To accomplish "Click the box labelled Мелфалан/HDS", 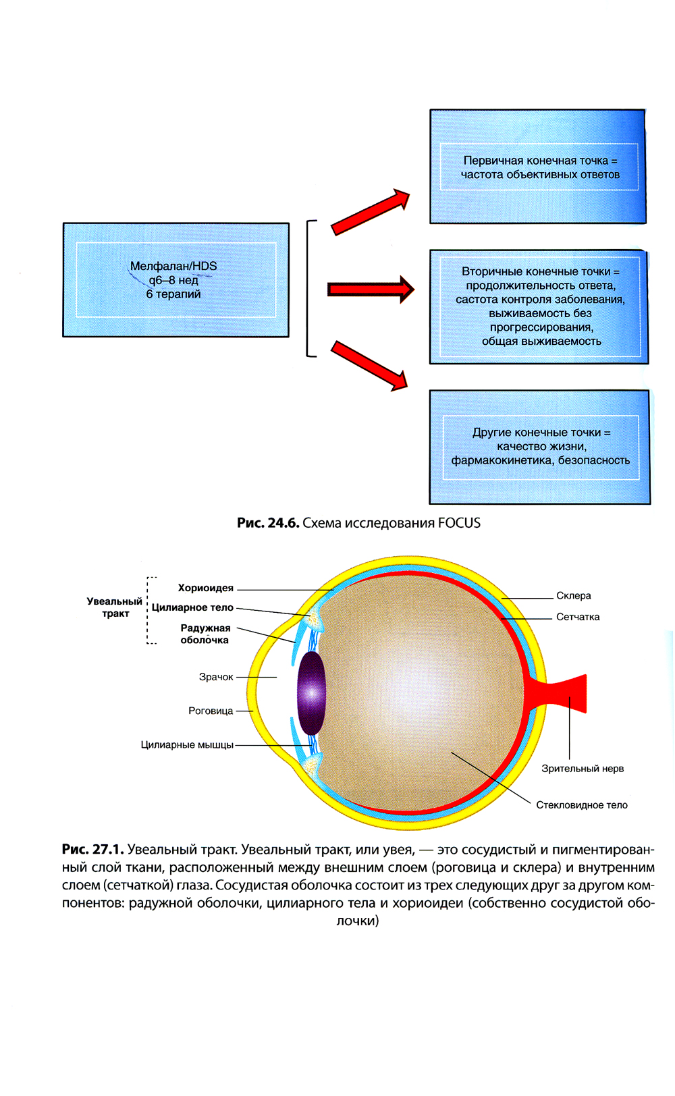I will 175,279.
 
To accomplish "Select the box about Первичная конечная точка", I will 538,167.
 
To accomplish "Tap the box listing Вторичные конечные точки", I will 539,306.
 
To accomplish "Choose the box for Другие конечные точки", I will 540,446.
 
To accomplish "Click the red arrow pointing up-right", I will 371,212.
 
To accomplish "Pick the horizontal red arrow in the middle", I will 371,290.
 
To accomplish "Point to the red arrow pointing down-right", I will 370,365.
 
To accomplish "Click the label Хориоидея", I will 205,588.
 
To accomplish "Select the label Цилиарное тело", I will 192,607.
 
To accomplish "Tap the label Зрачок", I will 216,677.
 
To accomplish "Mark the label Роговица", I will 211,711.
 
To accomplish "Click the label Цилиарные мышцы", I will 187,745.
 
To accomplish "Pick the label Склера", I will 573,596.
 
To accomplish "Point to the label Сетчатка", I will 577,617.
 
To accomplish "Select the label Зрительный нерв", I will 582,769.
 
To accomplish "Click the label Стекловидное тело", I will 581,805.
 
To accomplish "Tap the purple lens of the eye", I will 311,692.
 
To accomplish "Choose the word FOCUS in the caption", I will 459,523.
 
